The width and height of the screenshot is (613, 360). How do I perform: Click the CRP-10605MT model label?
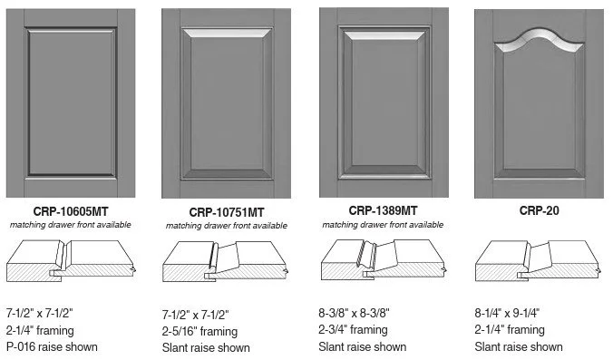point(71,211)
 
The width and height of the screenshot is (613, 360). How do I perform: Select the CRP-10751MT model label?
point(227,212)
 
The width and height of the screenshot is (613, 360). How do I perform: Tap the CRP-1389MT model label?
point(383,210)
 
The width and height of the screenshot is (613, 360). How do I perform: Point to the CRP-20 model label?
point(540,210)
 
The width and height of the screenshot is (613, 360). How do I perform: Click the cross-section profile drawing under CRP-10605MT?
point(71,261)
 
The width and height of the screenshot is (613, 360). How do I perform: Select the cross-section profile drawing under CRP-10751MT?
point(226,261)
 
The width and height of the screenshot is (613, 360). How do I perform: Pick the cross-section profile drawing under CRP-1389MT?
point(383,260)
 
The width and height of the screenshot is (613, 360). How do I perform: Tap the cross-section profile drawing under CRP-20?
point(539,261)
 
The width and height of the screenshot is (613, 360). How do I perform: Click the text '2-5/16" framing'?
point(199,332)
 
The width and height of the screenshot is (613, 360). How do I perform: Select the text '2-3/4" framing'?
point(353,330)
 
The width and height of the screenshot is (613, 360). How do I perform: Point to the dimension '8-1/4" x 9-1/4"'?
point(507,313)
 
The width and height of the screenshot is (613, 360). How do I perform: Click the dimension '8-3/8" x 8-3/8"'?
point(354,313)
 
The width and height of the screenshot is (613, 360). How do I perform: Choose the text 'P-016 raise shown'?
point(52,346)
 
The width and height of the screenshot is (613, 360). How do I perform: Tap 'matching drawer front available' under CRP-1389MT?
point(383,225)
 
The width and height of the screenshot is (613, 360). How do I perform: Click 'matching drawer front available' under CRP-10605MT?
point(71,225)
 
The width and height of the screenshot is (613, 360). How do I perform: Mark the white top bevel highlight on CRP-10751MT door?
point(227,33)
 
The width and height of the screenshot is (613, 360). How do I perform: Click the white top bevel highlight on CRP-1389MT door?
point(384,35)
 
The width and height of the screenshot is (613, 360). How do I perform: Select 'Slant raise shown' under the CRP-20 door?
point(519,346)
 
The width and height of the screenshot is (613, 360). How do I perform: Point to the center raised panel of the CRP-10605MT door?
point(72,102)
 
